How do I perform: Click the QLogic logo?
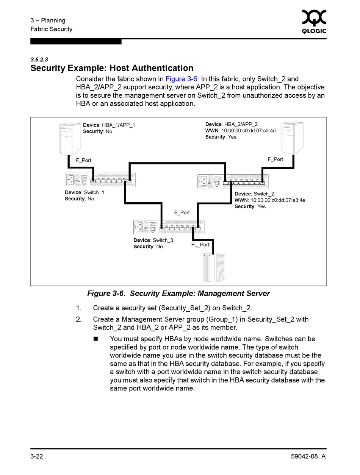[x=314, y=22]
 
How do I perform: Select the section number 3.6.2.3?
[x=39, y=59]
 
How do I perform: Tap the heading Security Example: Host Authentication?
[x=112, y=68]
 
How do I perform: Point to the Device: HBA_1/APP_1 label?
[x=109, y=125]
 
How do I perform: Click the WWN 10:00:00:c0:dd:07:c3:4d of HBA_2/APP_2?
[x=240, y=131]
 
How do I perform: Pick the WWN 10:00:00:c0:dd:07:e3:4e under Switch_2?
[x=269, y=200]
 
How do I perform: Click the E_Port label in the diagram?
[x=182, y=212]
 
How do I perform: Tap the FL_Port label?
[x=200, y=245]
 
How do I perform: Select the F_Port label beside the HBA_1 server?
[x=83, y=160]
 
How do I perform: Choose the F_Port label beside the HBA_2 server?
[x=275, y=159]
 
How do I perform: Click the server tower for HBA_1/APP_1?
[x=70, y=138]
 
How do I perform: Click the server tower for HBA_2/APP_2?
[x=293, y=137]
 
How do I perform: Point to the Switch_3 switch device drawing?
[x=169, y=227]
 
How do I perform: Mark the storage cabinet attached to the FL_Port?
[x=214, y=267]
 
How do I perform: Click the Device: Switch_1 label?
[x=84, y=192]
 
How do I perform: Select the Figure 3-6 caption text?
[x=178, y=294]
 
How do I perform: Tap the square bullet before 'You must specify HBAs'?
[x=95, y=339]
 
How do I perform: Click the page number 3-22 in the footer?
[x=37, y=456]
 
